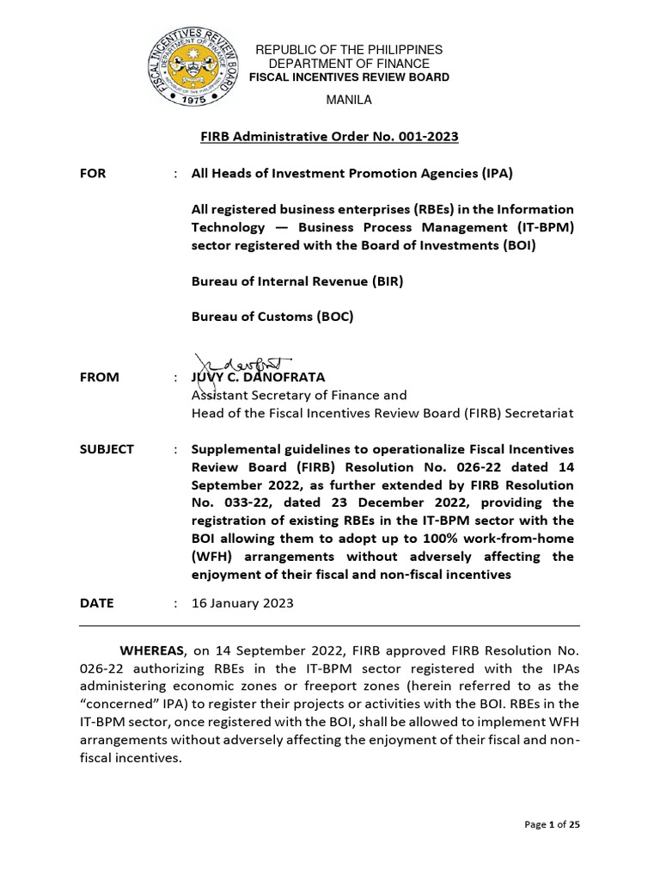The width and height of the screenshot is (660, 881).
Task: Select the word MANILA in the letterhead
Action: coord(348,100)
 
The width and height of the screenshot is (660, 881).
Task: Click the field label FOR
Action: coord(93,173)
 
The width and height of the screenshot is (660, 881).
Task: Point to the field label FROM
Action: coord(100,377)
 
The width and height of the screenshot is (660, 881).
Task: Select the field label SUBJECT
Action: coord(107,449)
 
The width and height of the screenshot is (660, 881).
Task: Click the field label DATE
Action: coord(96,603)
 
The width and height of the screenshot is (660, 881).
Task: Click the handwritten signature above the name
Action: coord(245,364)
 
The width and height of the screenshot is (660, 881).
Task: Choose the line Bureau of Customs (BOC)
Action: coord(272,317)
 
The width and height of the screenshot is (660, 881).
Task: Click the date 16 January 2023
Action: coord(242,603)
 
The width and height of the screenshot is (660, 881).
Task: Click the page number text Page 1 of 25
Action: coord(552,825)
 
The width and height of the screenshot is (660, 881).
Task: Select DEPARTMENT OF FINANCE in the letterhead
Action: coord(349,65)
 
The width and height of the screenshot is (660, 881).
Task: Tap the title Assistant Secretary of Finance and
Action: coord(298,395)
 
